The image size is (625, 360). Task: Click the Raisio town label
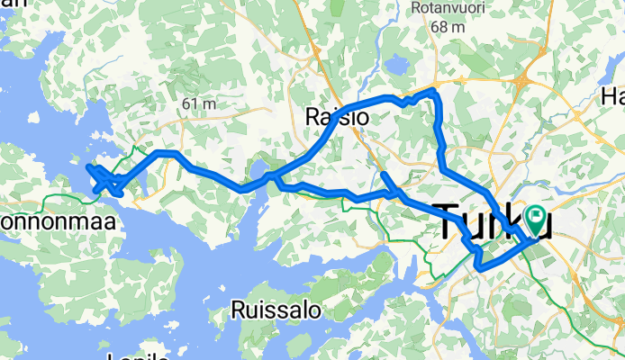(333, 117)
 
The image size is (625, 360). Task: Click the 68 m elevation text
(447, 27)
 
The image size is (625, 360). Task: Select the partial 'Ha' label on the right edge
(613, 96)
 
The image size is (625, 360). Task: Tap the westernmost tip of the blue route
(87, 166)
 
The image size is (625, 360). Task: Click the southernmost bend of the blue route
(481, 267)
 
